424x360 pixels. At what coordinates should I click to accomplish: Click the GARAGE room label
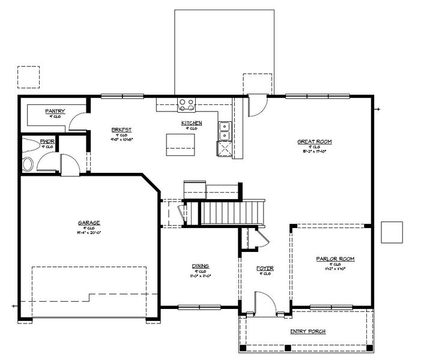(x=88, y=223)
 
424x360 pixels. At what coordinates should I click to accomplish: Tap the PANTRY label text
(x=55, y=112)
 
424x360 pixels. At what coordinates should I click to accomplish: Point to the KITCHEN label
(x=192, y=123)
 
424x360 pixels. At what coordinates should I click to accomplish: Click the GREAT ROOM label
(x=314, y=142)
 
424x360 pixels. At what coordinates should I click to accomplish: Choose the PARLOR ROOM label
(x=335, y=259)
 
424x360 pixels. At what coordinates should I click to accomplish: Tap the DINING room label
(x=200, y=266)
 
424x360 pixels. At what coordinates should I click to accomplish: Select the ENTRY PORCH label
(x=307, y=331)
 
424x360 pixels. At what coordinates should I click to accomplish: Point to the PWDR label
(x=47, y=142)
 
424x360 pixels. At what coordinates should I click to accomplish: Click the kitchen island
(x=182, y=143)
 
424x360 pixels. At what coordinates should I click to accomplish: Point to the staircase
(x=232, y=213)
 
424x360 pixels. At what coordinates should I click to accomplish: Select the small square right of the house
(x=392, y=232)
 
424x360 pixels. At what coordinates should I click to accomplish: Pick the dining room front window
(x=199, y=308)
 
